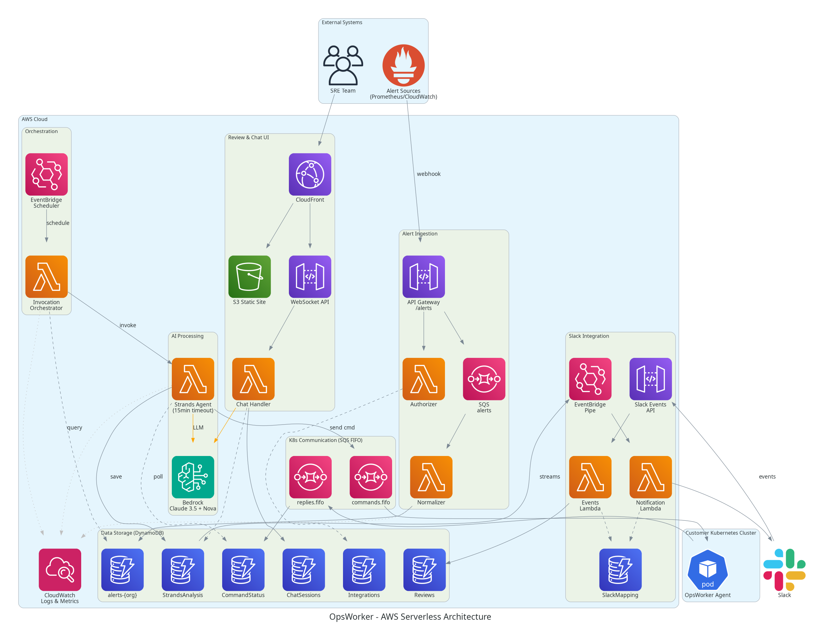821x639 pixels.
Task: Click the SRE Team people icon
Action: click(343, 65)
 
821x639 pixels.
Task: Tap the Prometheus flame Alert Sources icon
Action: click(403, 65)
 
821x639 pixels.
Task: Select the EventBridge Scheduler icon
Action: click(46, 174)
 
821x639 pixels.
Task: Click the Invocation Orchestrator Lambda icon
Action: click(46, 277)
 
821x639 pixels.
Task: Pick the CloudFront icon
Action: click(310, 174)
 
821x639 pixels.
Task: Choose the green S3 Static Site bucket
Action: click(249, 277)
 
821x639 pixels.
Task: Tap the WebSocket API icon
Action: click(310, 277)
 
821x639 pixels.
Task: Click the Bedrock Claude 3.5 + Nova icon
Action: click(193, 477)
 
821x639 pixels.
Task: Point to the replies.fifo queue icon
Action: click(310, 477)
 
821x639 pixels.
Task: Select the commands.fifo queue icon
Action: click(371, 477)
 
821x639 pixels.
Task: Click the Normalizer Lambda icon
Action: click(431, 477)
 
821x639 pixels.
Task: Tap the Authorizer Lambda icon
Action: click(424, 379)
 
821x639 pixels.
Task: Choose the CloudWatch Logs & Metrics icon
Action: click(60, 570)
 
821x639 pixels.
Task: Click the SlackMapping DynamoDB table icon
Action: click(620, 570)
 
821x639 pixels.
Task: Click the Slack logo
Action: click(784, 570)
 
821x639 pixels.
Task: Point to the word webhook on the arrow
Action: click(429, 174)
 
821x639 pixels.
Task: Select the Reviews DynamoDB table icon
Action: click(425, 570)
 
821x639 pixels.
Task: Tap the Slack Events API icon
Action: click(650, 379)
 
